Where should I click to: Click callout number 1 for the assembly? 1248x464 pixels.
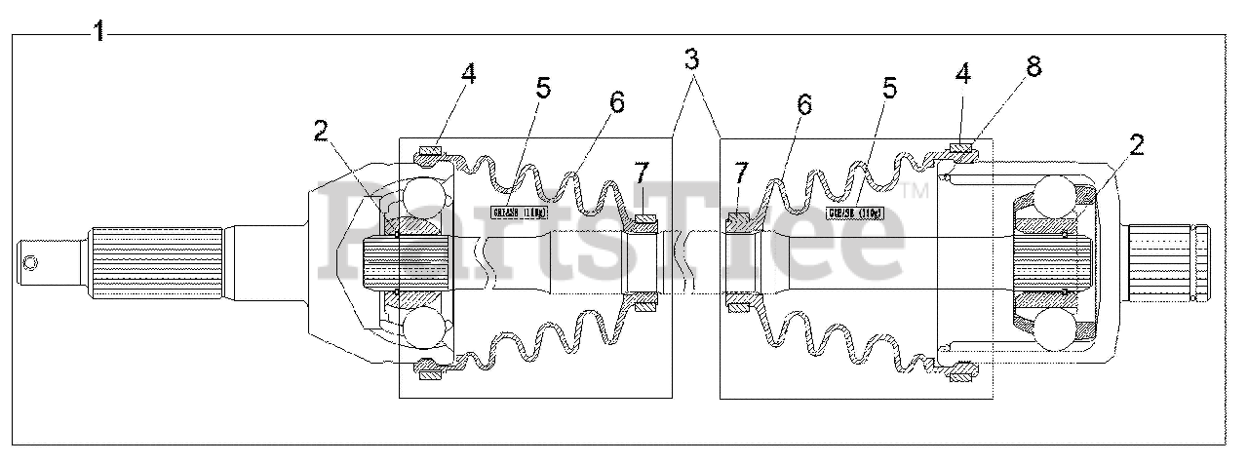point(98,31)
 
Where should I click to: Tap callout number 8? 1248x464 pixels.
point(1033,66)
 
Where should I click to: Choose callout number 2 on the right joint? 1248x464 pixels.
point(1135,144)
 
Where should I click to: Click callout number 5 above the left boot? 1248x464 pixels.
point(542,87)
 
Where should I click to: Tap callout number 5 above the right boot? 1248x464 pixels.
point(888,87)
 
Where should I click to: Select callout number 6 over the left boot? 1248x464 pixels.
point(617,100)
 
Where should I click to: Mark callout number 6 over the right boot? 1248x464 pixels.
point(802,104)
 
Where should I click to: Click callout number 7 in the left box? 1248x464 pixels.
point(640,174)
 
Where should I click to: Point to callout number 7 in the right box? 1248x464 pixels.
point(741,174)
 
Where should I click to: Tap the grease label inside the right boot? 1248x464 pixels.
point(854,212)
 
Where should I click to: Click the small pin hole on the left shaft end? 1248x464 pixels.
point(30,261)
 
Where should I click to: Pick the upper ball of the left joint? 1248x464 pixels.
point(424,200)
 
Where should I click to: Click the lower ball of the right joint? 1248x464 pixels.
point(1056,329)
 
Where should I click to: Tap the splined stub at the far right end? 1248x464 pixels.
point(1169,262)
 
